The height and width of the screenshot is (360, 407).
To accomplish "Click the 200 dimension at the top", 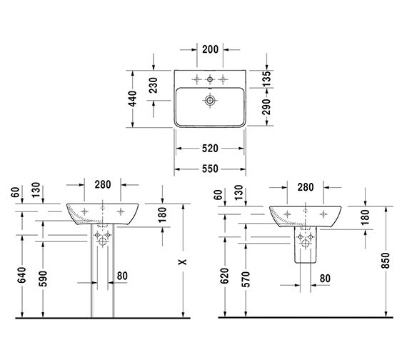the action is (x=210, y=49).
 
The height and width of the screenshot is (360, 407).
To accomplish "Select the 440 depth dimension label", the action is (x=133, y=99).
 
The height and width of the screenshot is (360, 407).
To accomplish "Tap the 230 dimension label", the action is (x=153, y=85).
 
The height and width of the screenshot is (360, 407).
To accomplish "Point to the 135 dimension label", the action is (x=266, y=79).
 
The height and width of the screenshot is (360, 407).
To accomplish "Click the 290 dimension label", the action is (x=266, y=106).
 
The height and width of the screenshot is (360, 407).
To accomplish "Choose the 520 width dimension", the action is (x=210, y=149).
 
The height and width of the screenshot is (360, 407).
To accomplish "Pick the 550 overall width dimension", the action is (x=210, y=169).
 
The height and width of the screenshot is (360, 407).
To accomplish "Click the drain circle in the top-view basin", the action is (x=210, y=100).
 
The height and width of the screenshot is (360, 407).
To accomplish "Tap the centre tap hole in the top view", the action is (x=210, y=79).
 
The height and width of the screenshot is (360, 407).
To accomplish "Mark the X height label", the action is (x=183, y=261).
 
